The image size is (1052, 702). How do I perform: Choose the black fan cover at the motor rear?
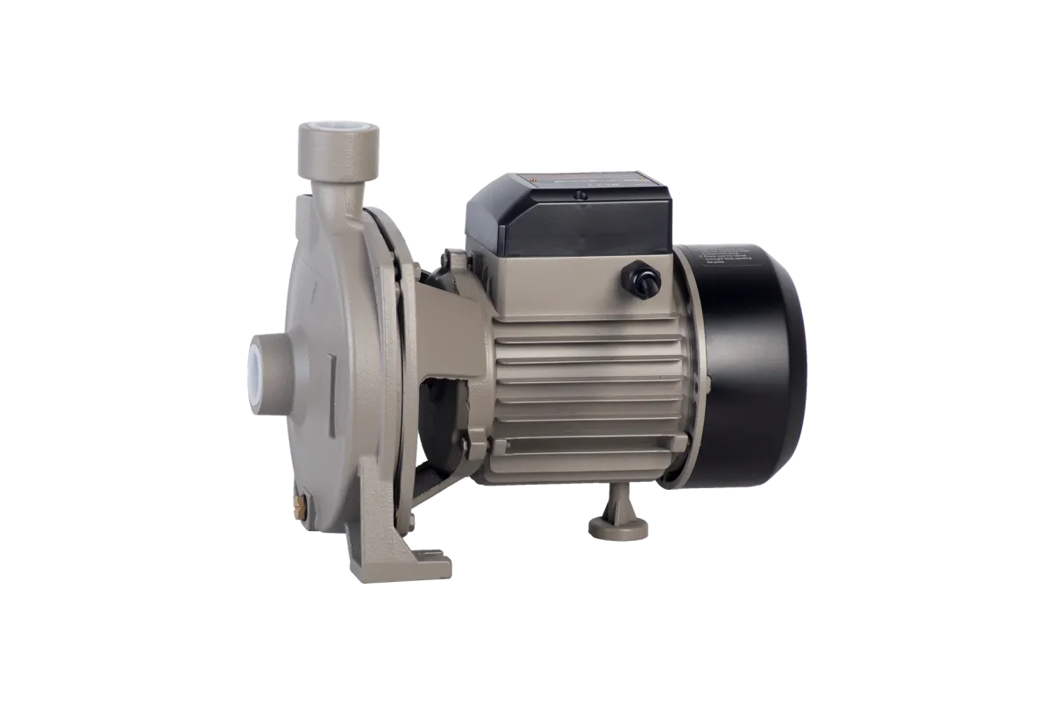(754, 368)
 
